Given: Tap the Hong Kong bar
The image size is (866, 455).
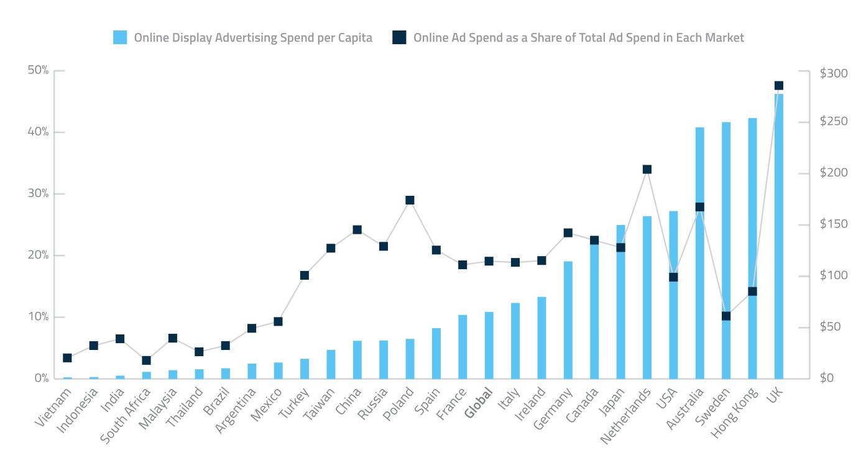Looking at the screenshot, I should click(x=752, y=249).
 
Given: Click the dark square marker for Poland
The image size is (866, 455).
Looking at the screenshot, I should click(x=410, y=200).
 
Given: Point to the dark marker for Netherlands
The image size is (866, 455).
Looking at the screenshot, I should click(x=647, y=169).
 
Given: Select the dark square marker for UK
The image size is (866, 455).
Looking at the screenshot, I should click(x=778, y=85).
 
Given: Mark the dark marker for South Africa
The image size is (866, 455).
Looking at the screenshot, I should click(x=146, y=360).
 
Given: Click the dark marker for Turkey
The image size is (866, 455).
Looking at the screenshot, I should click(x=304, y=275).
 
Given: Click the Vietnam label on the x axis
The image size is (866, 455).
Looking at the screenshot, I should click(x=53, y=407).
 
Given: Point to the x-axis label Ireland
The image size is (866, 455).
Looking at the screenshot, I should click(x=530, y=405).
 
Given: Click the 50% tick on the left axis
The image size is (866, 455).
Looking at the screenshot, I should click(x=38, y=70).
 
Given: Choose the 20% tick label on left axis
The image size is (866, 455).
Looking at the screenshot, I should click(x=38, y=255).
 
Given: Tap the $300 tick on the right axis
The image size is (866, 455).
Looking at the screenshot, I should click(x=833, y=73).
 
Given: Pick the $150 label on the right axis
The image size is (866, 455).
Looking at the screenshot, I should click(x=833, y=224).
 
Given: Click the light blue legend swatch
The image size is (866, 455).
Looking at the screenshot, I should click(x=120, y=37).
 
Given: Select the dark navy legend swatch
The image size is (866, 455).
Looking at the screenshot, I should click(x=399, y=37).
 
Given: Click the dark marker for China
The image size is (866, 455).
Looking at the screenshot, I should click(x=357, y=229).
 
